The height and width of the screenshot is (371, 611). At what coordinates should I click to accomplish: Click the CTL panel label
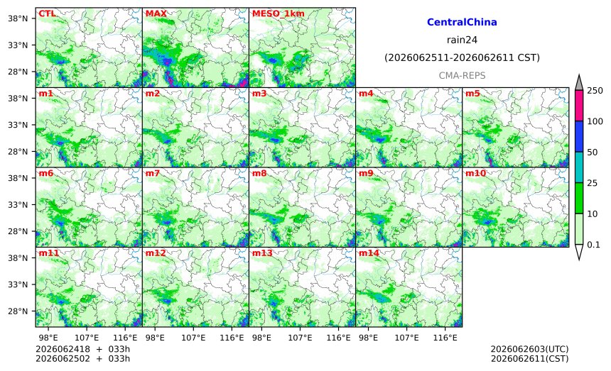(47, 13)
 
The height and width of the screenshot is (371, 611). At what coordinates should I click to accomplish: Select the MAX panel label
(156, 13)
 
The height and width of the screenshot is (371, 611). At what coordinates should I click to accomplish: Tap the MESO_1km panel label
(279, 13)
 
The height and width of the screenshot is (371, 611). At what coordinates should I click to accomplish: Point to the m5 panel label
(472, 94)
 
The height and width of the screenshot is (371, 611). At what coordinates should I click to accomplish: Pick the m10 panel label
(475, 173)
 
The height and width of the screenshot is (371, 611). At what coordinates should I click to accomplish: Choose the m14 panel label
(369, 253)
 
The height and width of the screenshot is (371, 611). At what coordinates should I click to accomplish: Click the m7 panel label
(153, 173)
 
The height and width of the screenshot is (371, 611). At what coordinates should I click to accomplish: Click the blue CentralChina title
(462, 22)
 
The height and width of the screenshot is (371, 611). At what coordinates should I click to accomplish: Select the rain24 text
(462, 40)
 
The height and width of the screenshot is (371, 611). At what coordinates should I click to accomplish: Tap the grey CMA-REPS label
(462, 75)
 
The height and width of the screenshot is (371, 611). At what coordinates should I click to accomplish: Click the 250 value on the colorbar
(595, 91)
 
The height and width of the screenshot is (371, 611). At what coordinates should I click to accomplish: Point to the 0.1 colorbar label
(593, 245)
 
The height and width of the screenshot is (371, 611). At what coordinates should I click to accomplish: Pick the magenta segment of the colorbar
(579, 106)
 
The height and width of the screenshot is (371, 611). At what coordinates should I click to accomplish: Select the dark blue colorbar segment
(579, 136)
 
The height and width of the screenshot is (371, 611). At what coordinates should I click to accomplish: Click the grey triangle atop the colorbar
(579, 83)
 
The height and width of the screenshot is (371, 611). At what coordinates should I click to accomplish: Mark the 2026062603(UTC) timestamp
(529, 349)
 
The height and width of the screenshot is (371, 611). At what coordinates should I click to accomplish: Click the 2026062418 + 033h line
(82, 349)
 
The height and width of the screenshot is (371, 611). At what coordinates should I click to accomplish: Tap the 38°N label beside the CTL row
(18, 18)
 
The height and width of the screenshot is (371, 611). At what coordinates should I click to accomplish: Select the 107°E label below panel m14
(407, 338)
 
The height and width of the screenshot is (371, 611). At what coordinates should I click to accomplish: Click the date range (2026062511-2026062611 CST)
(462, 57)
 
